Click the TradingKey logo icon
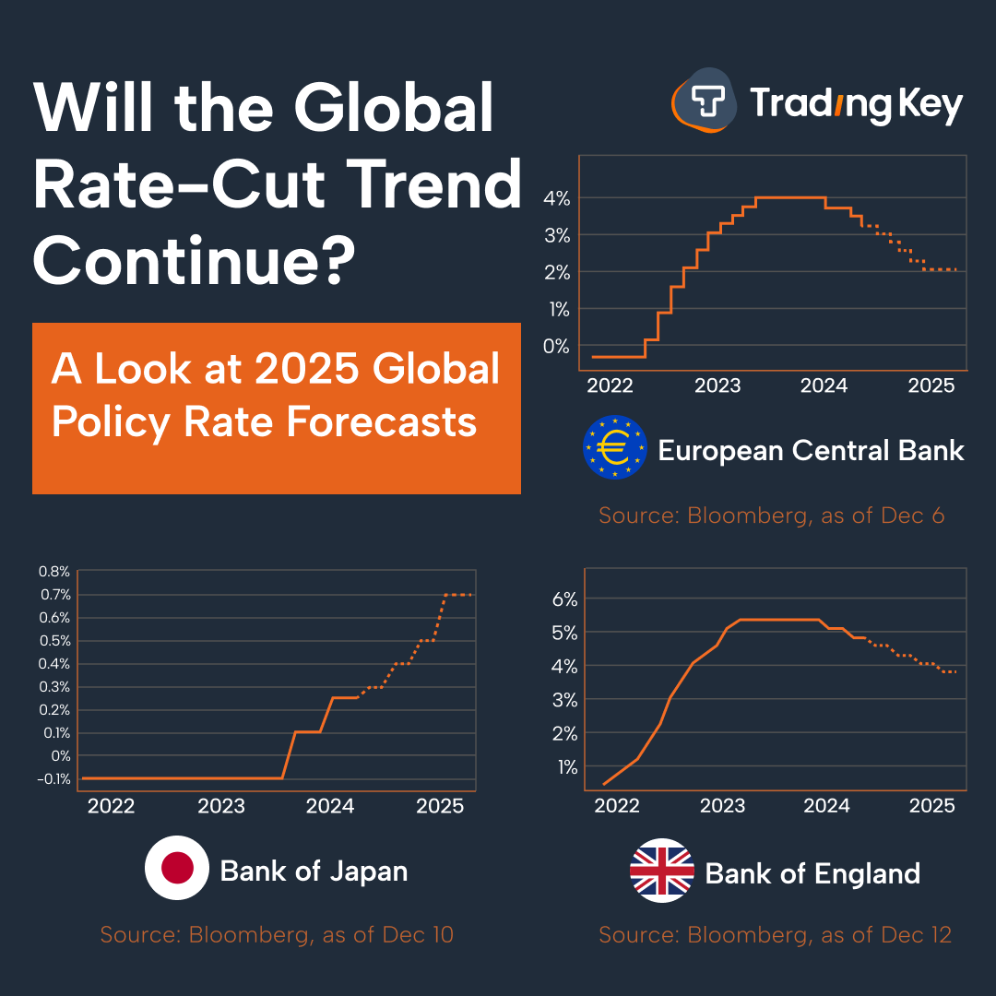[x=705, y=102]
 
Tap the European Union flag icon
[x=615, y=448]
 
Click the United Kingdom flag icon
[x=661, y=871]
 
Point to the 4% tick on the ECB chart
[x=556, y=198]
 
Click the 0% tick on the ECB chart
[x=556, y=346]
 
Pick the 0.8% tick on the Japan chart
[x=54, y=572]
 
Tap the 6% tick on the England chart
[x=564, y=599]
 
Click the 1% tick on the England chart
[x=566, y=766]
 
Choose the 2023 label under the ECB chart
[x=717, y=385]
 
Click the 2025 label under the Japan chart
[x=439, y=805]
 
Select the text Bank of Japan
[x=314, y=871]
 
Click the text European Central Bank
[x=811, y=450]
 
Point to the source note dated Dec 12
[x=775, y=934]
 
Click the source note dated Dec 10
[x=277, y=934]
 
